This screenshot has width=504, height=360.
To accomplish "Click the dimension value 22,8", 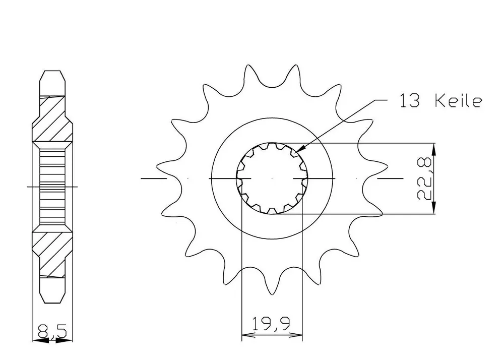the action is (x=424, y=179).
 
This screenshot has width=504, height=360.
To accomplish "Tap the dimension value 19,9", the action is (x=271, y=324).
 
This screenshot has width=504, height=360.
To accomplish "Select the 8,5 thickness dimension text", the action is (x=52, y=331).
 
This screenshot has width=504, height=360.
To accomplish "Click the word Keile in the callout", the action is (x=458, y=101).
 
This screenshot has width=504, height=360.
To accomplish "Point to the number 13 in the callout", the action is (x=409, y=101).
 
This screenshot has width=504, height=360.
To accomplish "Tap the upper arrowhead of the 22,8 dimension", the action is (x=434, y=149).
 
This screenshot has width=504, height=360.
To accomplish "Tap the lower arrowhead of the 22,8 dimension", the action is (x=434, y=208).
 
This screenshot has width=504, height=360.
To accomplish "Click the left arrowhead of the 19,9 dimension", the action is (x=247, y=335).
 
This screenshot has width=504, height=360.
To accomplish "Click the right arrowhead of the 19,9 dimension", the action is (x=296, y=335).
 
